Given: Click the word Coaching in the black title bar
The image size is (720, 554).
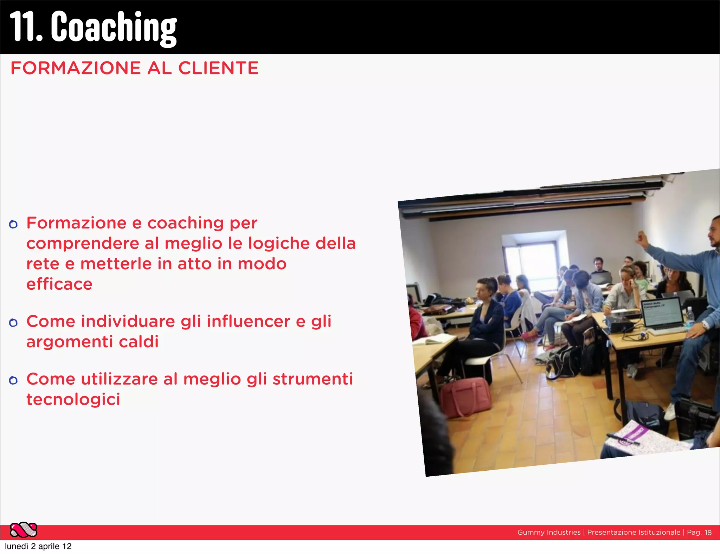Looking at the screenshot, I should tap(114, 27).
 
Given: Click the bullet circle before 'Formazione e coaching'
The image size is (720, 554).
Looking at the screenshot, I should tap(13, 224).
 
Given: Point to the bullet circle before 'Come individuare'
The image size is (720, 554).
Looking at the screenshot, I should tap(13, 323).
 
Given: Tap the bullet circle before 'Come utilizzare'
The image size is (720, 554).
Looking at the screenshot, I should tap(13, 380).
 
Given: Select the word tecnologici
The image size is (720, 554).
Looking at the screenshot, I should tap(73, 399).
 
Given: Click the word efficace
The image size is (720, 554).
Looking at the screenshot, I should tap(59, 284).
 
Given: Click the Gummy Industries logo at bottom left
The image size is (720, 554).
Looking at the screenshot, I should tap(23, 530).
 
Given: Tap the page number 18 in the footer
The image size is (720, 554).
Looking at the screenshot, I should tap(708, 533).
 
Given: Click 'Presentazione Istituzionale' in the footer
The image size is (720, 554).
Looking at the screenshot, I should tap(634, 533).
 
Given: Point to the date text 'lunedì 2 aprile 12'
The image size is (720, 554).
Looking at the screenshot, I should tap(38, 546).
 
